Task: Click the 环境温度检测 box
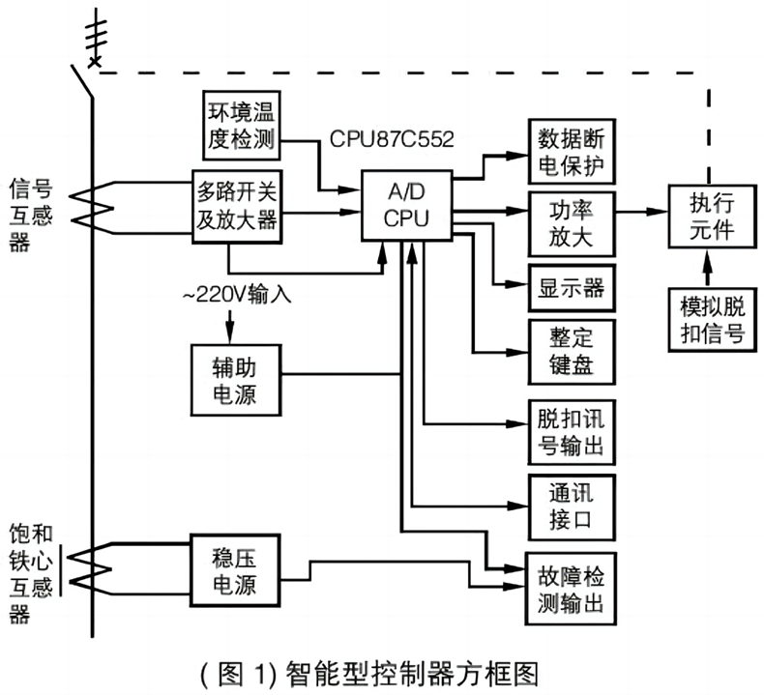click(x=241, y=125)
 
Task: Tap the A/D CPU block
click(x=406, y=206)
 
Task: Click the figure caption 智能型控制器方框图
click(x=382, y=671)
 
